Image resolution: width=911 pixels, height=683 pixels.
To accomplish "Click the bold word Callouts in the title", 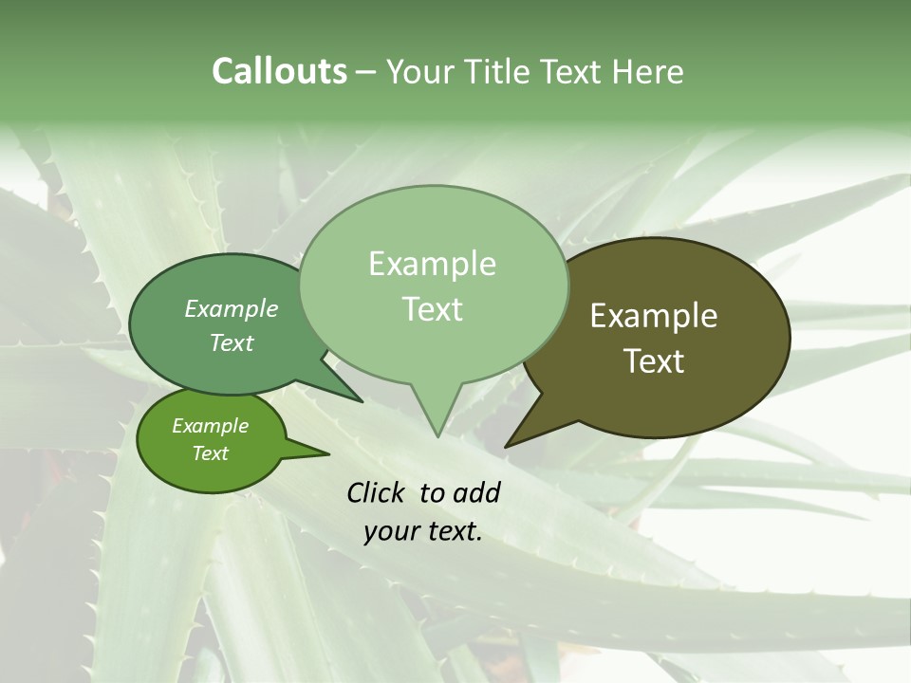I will (x=279, y=71).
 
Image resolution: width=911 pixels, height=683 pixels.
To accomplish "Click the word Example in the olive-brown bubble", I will (x=654, y=316).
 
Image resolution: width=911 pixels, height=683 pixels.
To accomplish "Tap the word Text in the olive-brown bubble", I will (x=654, y=361).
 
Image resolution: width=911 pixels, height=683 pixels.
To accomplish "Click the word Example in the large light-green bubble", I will (x=432, y=264).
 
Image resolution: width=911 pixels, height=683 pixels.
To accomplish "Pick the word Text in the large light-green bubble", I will (x=432, y=309).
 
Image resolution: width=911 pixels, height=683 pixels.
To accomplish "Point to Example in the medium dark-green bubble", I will (x=232, y=308).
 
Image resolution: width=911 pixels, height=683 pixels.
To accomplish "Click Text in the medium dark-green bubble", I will (x=232, y=343).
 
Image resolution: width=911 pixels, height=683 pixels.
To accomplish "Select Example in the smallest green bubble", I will (x=210, y=426).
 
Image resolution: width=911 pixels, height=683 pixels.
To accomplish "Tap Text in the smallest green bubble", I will (x=210, y=453).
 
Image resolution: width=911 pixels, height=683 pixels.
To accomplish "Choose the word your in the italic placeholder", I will (x=391, y=531).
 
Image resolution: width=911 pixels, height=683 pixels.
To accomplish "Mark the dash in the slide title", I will (x=366, y=72).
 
